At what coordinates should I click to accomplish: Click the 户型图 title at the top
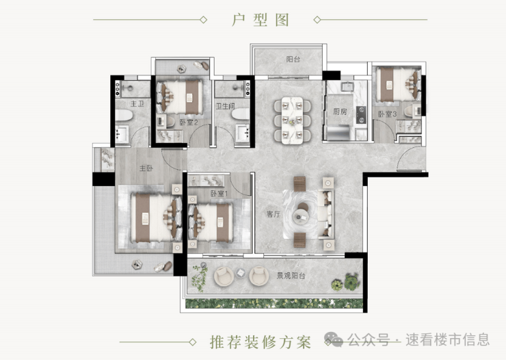coord(260,20)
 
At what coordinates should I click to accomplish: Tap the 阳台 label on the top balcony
coord(293,59)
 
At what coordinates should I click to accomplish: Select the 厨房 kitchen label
coord(340,112)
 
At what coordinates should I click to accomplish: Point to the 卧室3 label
coord(387,114)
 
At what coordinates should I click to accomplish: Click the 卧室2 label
coord(189,123)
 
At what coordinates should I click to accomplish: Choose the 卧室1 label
coord(219,194)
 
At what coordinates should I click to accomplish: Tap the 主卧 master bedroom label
coord(146,168)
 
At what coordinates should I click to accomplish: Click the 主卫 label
coord(137,103)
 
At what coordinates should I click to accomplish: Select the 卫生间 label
coord(225,106)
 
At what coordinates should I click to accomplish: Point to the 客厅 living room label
coord(274,214)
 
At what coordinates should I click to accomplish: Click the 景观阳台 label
coord(291,275)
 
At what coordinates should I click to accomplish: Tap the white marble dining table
coord(293,120)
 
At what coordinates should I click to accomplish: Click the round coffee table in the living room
coord(301,217)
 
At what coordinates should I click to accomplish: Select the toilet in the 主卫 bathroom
coord(124,115)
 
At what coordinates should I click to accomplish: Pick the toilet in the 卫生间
coord(241,114)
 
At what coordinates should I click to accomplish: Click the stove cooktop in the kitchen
coord(361,115)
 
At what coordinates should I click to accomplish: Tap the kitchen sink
coord(348,86)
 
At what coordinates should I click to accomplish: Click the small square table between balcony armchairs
coord(241,273)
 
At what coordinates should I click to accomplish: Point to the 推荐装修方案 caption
coord(261,342)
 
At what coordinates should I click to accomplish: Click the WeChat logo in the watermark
coord(334,339)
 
